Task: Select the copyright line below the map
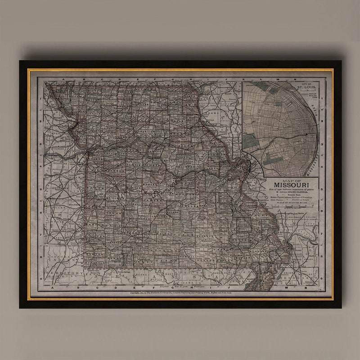(180, 292)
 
